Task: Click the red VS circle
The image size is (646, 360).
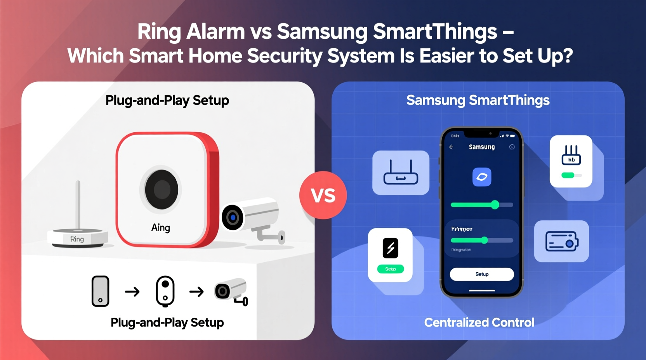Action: pos(323,195)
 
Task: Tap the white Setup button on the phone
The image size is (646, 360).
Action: pos(482,274)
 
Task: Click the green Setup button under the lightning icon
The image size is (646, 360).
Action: pos(391,269)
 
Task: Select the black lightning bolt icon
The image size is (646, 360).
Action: pos(391,248)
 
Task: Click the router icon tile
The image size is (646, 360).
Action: pos(401,173)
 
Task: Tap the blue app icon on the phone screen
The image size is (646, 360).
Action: pos(482,177)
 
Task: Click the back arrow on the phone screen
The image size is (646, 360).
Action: pos(451,147)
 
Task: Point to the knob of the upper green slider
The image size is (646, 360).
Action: pos(495,204)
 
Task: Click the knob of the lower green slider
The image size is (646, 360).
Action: pos(484,240)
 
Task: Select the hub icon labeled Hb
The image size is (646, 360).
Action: pos(571,155)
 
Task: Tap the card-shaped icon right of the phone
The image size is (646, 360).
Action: pos(562,241)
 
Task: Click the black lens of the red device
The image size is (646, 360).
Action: pos(161,190)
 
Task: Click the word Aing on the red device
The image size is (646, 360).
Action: pos(161,227)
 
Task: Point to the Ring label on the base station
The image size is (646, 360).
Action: pos(77,239)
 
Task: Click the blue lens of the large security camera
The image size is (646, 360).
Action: pos(233,218)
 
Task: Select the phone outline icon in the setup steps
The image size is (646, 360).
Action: pos(100,291)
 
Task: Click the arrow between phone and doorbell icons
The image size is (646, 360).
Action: pos(132,291)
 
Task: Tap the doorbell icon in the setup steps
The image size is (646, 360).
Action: pos(165,291)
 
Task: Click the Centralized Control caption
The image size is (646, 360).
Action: pos(479,322)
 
